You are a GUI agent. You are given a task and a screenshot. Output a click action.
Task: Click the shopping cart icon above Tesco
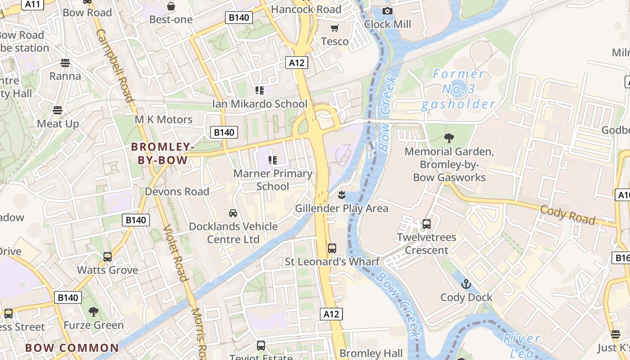click(334, 28)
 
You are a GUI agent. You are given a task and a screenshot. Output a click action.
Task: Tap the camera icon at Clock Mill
click(387, 11)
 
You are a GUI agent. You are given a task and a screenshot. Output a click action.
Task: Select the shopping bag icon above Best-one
click(171, 6)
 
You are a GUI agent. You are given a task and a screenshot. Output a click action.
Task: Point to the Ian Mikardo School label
click(260, 104)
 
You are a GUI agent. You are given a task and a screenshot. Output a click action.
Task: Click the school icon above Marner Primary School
click(272, 160)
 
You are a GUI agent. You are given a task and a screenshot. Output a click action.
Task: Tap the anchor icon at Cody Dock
click(466, 284)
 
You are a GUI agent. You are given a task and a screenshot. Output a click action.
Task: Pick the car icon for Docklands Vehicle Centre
click(233, 213)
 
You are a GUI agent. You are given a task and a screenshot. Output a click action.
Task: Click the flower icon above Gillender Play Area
click(342, 195)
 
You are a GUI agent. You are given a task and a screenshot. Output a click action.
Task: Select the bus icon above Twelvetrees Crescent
click(427, 224)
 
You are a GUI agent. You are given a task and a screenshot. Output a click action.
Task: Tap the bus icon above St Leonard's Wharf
click(332, 248)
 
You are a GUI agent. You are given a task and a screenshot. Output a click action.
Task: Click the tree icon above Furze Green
click(93, 311)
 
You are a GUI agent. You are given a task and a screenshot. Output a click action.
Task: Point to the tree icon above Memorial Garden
click(449, 138)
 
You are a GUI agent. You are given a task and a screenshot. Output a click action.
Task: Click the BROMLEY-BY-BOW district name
click(162, 153)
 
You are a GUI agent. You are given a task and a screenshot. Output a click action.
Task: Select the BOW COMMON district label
click(72, 348)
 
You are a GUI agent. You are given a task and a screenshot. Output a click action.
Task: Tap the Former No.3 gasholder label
click(458, 89)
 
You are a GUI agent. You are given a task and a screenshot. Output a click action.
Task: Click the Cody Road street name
click(567, 215)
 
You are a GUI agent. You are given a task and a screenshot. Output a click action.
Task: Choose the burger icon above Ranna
click(65, 63)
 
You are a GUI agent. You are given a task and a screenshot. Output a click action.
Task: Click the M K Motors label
click(164, 120)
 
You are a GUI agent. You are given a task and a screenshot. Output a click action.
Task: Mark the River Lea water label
click(522, 345)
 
